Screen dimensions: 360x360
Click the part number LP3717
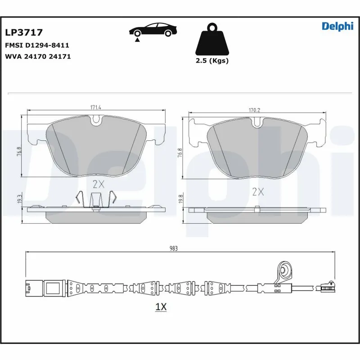coord(23,32)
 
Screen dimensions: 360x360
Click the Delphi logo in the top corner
coord(337,26)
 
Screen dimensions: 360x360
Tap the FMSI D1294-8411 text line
coord(36,46)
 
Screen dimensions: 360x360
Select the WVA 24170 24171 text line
coord(37,57)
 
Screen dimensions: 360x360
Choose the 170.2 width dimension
coord(255,110)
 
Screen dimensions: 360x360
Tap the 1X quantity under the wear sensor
coord(161,307)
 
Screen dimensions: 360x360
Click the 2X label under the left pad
coord(98,184)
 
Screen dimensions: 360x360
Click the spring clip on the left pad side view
coord(95,200)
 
